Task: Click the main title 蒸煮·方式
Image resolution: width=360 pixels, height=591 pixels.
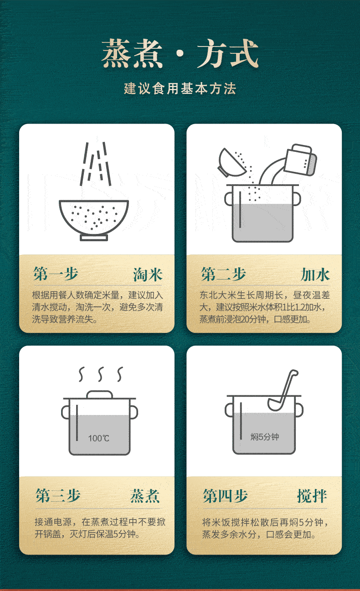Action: (180, 53)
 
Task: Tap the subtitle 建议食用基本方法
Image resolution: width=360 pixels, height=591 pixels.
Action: (180, 88)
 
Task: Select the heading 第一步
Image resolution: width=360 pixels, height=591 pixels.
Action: (56, 274)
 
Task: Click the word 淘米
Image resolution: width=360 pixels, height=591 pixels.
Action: (148, 275)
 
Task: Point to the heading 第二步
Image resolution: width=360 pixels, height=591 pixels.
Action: (223, 274)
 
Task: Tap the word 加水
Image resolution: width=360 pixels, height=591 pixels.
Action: (315, 275)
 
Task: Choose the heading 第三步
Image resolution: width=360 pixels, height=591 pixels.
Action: (58, 496)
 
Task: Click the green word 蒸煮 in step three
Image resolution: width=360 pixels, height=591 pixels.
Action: (145, 496)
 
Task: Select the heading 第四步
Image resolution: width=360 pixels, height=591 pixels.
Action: (225, 496)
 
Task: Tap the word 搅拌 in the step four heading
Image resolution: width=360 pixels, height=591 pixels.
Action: (312, 496)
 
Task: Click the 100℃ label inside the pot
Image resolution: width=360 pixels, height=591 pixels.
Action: (98, 438)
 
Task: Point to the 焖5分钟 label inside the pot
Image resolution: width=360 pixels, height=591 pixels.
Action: (264, 437)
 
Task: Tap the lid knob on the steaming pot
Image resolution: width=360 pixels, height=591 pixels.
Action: (100, 394)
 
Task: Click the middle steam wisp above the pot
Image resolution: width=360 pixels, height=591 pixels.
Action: (101, 374)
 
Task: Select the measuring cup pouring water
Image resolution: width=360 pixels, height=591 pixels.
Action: (301, 160)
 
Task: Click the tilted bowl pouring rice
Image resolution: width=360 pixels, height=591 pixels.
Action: (230, 163)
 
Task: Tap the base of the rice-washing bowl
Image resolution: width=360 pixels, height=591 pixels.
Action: (94, 238)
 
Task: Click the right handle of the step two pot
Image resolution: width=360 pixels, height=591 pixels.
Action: (297, 199)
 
